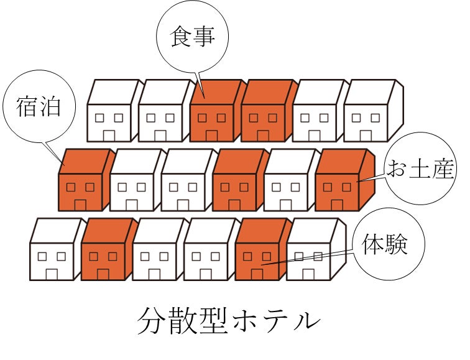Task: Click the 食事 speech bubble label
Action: (x=193, y=36)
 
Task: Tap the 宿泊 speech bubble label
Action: (x=39, y=107)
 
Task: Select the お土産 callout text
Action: (x=421, y=168)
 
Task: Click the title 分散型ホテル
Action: (x=229, y=321)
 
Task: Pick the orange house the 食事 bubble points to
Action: (x=216, y=111)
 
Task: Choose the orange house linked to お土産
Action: (x=344, y=180)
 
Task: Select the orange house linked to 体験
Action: (x=263, y=249)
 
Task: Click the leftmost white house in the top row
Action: (x=113, y=111)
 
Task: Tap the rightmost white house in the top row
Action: (x=374, y=111)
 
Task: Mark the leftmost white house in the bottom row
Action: (x=56, y=249)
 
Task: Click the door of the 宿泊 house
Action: (x=80, y=205)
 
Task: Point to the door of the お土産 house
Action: (x=337, y=205)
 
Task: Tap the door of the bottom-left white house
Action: (x=52, y=275)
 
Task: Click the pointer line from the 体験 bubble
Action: (x=308, y=258)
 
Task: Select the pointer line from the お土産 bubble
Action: (x=372, y=178)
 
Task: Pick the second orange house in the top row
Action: (x=267, y=111)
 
